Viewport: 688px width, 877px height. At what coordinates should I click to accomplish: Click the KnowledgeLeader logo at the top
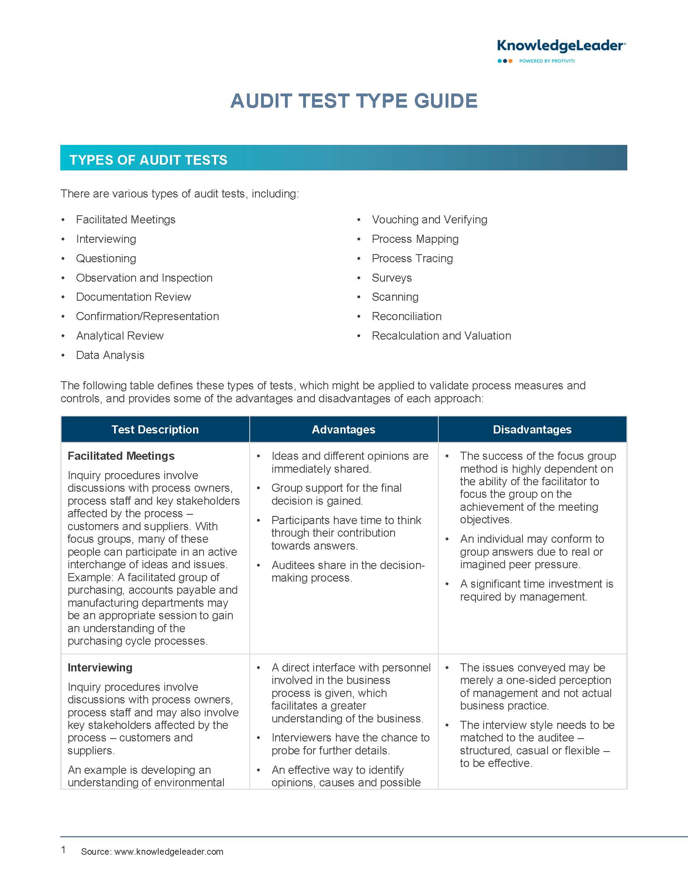(x=561, y=51)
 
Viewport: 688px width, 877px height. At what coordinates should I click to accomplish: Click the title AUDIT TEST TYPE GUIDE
(x=354, y=101)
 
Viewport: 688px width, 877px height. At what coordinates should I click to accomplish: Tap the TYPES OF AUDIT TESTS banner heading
(x=148, y=160)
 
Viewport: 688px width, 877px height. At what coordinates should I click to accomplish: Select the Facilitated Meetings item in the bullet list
(x=125, y=220)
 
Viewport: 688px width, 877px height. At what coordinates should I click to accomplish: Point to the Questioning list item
(x=106, y=259)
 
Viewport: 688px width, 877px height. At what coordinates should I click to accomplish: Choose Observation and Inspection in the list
(x=144, y=278)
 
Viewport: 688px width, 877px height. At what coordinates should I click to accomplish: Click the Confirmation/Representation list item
(x=147, y=316)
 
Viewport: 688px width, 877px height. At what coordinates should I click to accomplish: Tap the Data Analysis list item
(x=110, y=355)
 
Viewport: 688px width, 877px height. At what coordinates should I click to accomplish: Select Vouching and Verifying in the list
(x=429, y=220)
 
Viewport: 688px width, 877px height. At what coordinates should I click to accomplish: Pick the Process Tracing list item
(x=412, y=259)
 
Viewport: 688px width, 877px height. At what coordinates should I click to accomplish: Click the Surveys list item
(x=391, y=278)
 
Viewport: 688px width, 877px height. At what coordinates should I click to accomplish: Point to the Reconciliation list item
(x=406, y=316)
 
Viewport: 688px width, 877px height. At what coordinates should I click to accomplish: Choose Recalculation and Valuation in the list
(x=441, y=336)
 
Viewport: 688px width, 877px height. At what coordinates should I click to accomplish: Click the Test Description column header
(x=155, y=429)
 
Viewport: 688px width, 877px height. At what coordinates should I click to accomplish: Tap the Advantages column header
(x=344, y=429)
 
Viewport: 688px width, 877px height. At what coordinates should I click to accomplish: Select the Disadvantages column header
(x=532, y=429)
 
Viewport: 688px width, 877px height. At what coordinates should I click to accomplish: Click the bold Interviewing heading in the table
(x=100, y=667)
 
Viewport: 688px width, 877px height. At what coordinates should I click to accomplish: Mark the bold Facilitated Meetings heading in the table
(x=121, y=456)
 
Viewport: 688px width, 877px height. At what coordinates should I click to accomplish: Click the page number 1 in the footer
(x=63, y=849)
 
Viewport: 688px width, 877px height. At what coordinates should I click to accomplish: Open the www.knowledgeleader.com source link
(x=169, y=852)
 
